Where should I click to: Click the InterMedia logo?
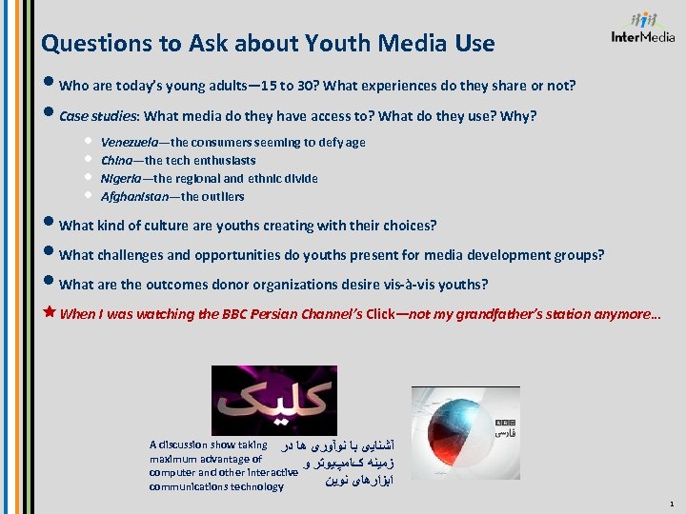(x=643, y=30)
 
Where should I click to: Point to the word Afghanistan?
(x=136, y=196)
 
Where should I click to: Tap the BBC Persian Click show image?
(x=260, y=401)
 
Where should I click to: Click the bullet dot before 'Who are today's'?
(x=49, y=85)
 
